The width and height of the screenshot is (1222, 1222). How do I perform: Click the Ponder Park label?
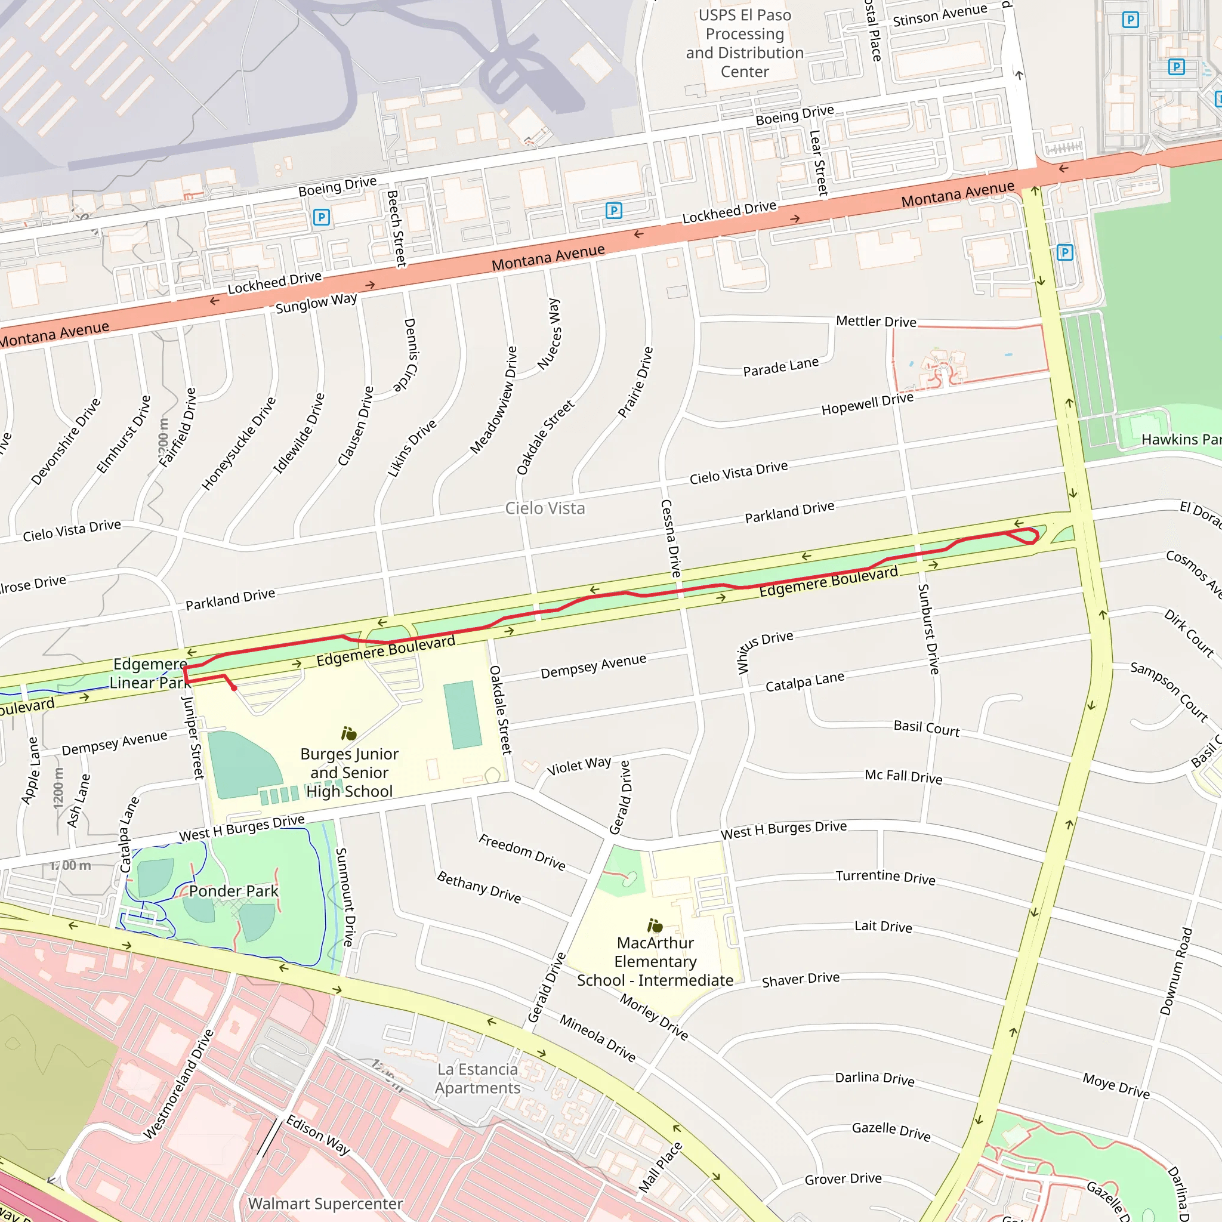tap(233, 891)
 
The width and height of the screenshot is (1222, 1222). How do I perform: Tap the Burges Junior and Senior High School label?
tap(349, 772)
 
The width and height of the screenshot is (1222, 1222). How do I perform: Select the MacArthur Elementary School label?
tap(655, 961)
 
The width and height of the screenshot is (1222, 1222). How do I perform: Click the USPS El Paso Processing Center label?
tap(745, 43)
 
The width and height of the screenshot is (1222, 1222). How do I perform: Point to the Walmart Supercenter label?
tap(325, 1204)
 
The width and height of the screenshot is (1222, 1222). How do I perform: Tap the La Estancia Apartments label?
tap(477, 1078)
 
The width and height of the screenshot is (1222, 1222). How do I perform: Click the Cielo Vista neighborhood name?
tap(545, 508)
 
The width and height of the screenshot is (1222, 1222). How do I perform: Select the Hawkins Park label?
tap(1180, 440)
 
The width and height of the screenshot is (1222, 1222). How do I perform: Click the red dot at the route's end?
tap(234, 688)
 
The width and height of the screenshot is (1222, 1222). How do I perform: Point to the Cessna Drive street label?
tap(671, 538)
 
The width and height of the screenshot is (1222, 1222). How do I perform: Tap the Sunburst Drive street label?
tap(928, 629)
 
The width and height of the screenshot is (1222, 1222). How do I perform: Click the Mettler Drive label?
tap(876, 322)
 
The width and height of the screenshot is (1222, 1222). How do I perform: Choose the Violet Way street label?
tap(579, 766)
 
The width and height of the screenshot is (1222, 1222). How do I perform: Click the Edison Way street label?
tap(318, 1135)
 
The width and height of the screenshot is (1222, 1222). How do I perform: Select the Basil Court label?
tap(927, 728)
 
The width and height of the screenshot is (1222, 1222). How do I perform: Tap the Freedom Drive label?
tap(522, 852)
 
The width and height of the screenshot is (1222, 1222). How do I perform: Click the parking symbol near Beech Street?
tap(322, 218)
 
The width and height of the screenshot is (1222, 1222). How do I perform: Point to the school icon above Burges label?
tap(349, 734)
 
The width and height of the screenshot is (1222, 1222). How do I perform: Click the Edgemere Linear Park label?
tap(150, 674)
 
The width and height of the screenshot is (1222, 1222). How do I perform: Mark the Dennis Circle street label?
tap(410, 355)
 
